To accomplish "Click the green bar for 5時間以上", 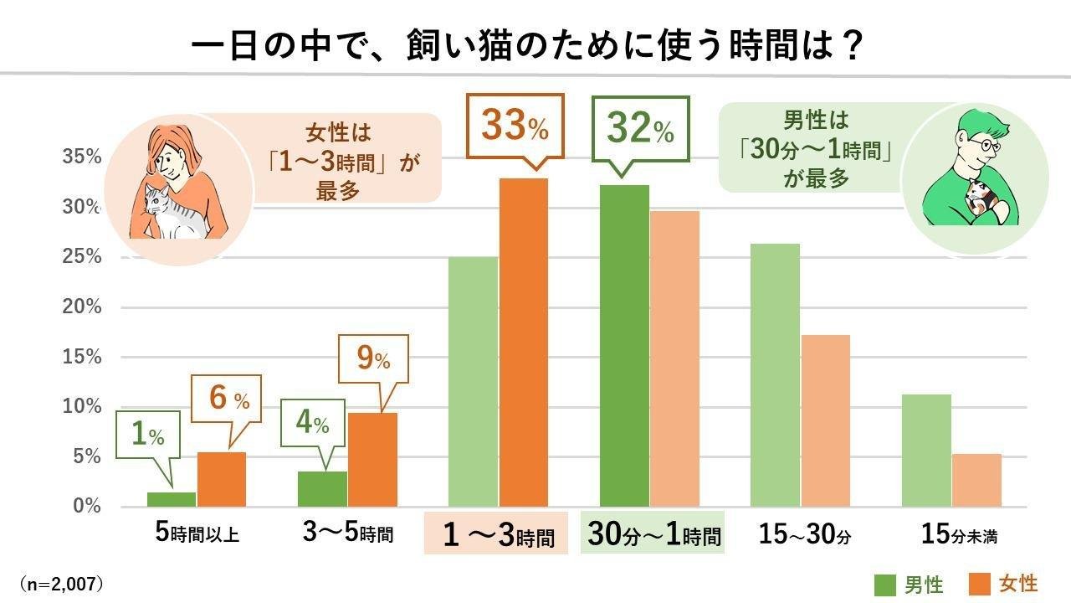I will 172,499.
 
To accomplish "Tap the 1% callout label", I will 147,433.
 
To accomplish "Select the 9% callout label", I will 374,359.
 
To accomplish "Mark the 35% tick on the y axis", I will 81,157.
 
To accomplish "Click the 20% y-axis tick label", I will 81,307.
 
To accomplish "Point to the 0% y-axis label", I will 86,507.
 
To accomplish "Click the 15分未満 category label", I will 960,533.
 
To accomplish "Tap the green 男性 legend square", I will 884,584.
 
